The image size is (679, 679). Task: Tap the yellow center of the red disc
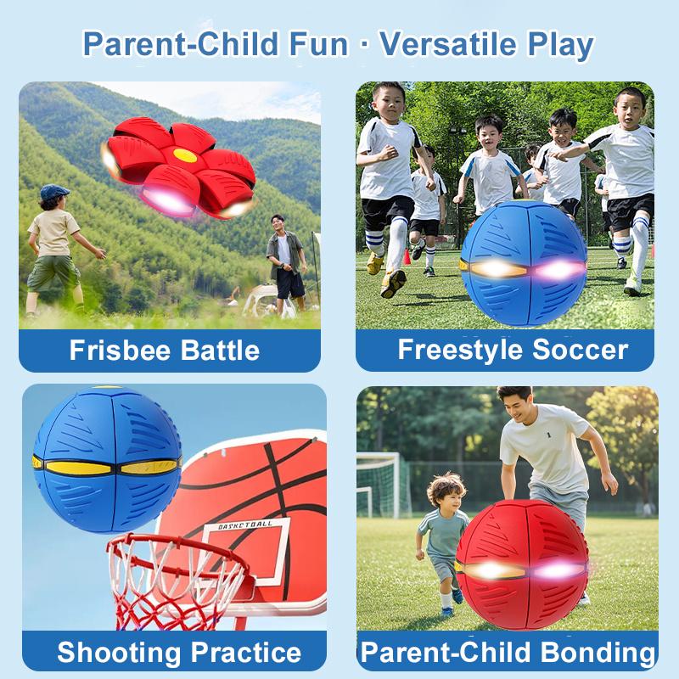[184, 156]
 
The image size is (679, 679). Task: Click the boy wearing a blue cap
[55, 246]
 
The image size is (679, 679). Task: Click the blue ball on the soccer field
[524, 264]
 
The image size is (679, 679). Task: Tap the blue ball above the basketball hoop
[106, 458]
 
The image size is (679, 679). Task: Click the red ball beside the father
[522, 564]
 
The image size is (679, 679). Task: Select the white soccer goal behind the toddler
[379, 484]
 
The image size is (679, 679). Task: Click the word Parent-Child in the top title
[214, 45]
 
